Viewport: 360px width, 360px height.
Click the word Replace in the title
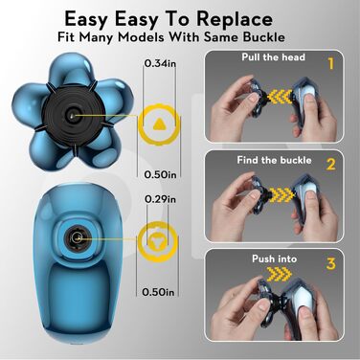[x=235, y=20]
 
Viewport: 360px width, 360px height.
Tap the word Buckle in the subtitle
[x=263, y=37]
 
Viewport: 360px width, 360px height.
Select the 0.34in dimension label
[x=160, y=63]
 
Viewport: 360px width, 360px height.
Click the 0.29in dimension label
[x=160, y=199]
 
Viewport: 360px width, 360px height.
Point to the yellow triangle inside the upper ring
[x=159, y=124]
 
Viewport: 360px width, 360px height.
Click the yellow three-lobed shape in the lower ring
[x=158, y=239]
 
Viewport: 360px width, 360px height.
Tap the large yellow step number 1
[x=331, y=63]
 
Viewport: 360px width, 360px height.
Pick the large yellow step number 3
[x=331, y=263]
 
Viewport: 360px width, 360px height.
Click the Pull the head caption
[x=274, y=57]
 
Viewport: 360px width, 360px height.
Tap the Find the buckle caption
[x=274, y=160]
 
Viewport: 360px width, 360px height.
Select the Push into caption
[x=275, y=259]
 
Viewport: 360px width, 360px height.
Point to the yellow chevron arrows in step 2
[x=280, y=194]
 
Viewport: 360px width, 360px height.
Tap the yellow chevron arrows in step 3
[x=279, y=272]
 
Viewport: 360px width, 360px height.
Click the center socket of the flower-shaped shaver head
[x=73, y=115]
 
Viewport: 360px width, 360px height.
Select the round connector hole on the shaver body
[x=77, y=237]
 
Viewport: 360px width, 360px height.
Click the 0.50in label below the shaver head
[x=160, y=174]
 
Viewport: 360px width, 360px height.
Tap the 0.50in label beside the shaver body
[x=159, y=292]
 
